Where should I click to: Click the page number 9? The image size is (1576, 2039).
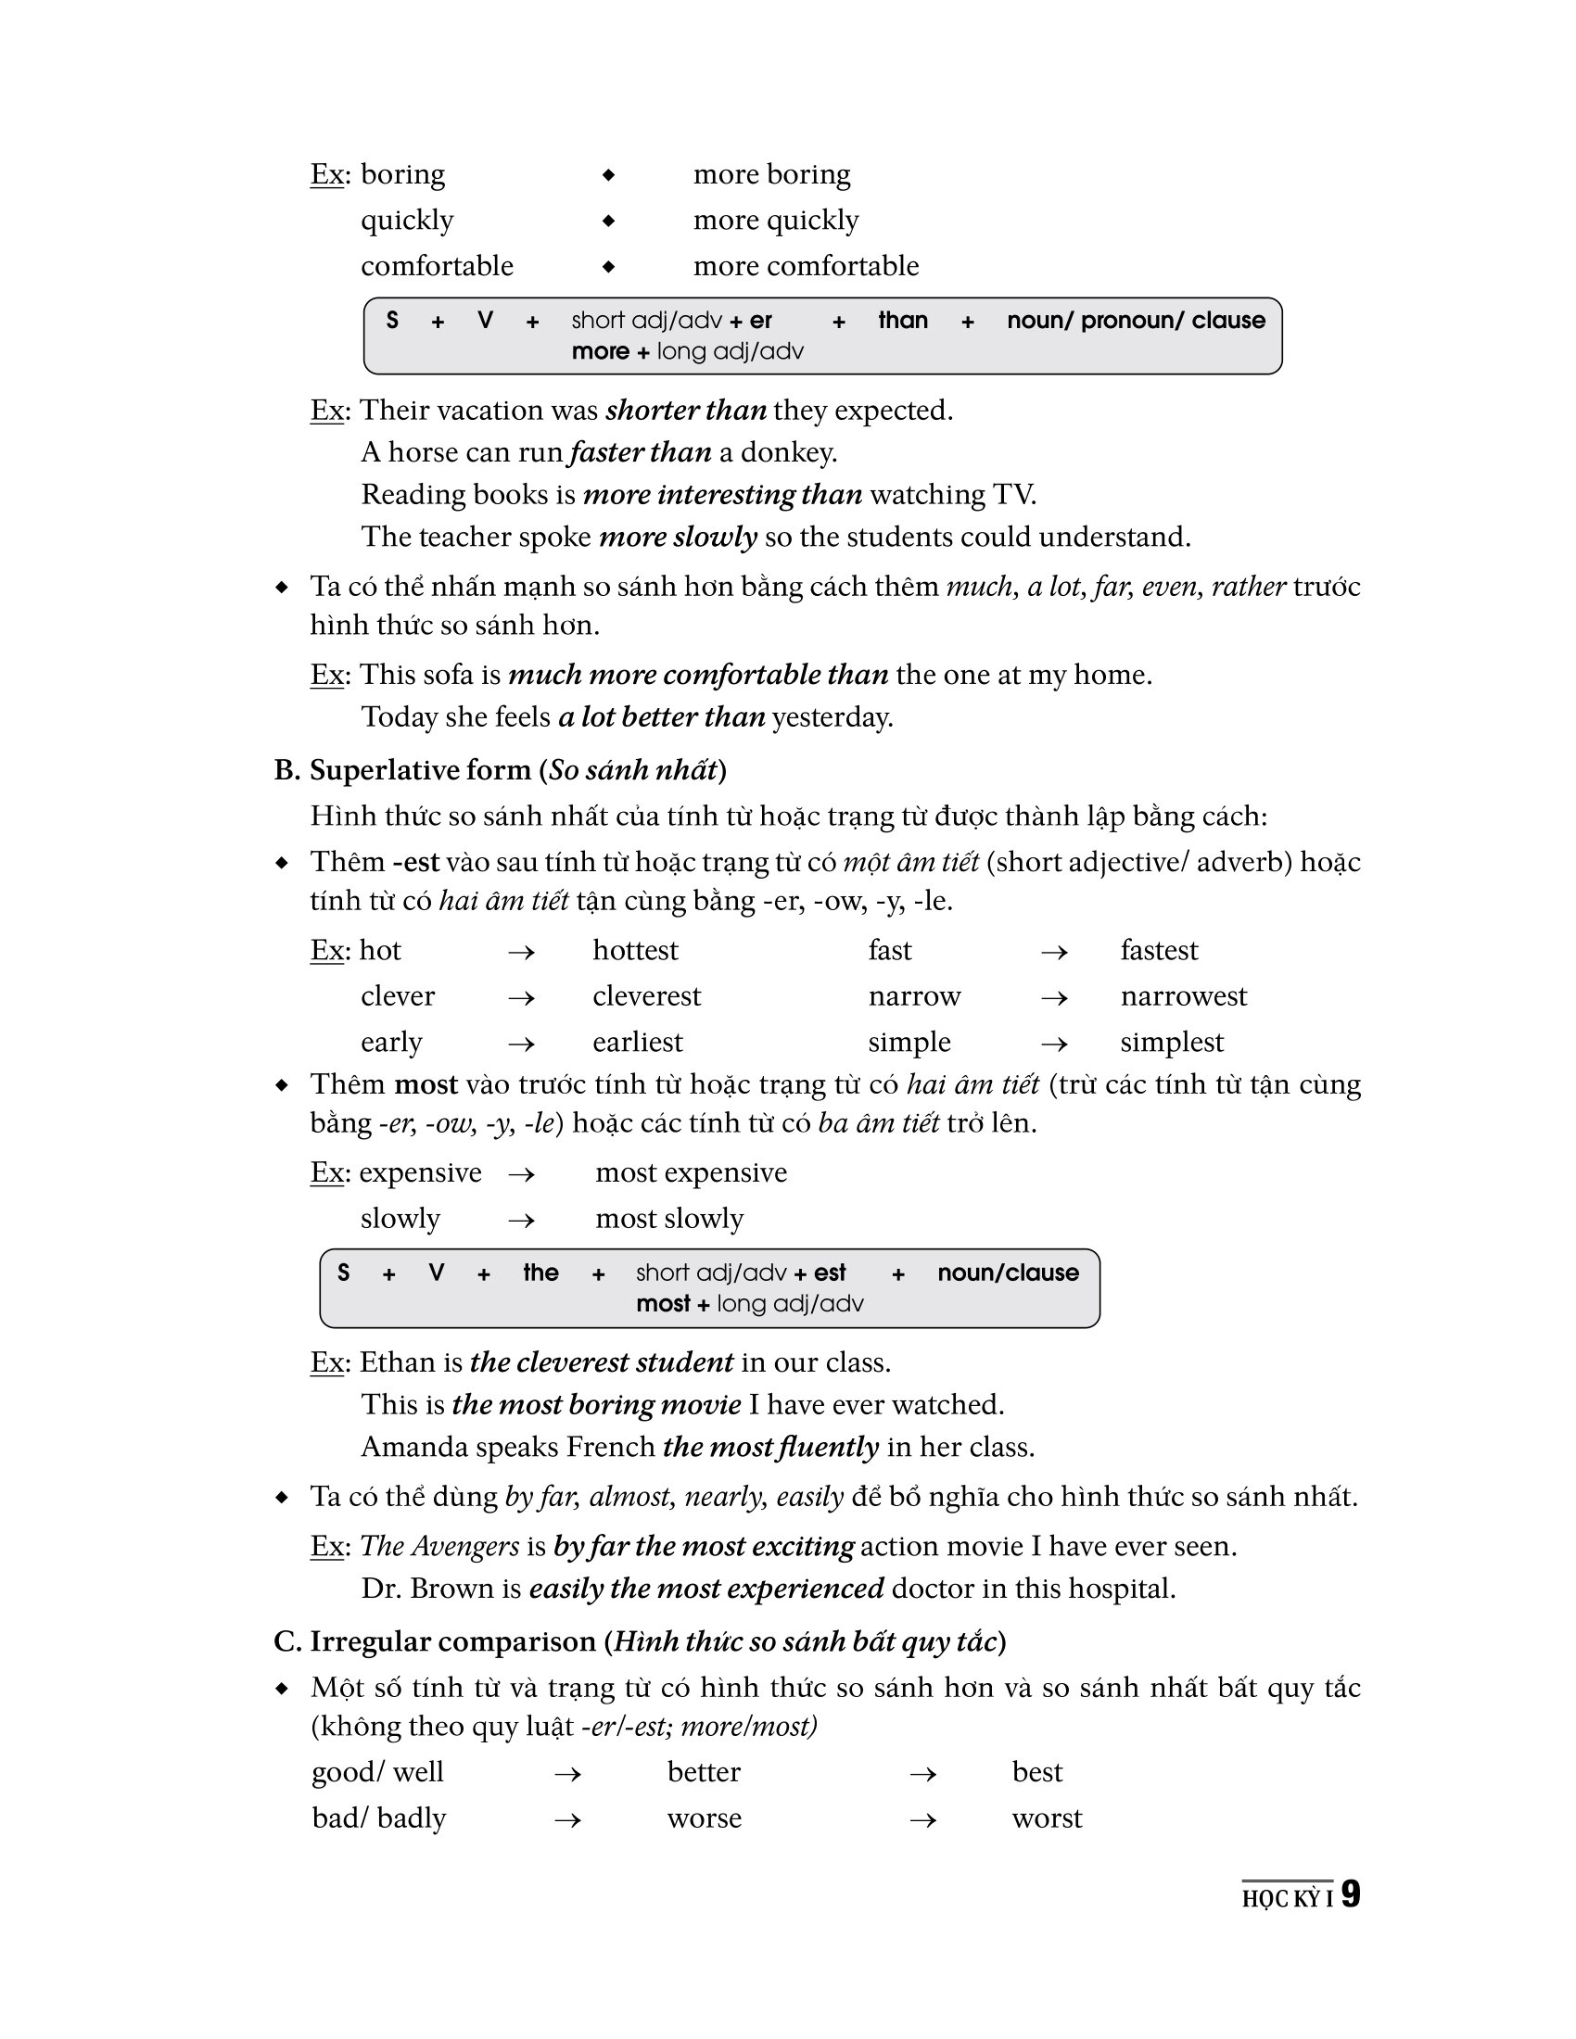coord(1350,1894)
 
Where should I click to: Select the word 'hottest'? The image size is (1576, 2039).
coord(635,950)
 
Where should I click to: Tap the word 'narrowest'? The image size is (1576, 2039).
coord(1183,996)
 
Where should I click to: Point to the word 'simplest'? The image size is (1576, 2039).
coord(1171,1042)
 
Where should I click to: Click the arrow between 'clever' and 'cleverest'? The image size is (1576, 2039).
coord(521,998)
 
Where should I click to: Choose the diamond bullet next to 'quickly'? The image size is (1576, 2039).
coord(608,221)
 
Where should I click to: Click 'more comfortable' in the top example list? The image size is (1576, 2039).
coord(806,266)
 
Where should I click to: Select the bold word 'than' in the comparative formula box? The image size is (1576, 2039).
coord(903,321)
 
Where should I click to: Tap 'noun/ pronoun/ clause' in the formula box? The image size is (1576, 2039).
coord(1136,321)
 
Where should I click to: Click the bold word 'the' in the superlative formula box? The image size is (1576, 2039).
coord(540,1273)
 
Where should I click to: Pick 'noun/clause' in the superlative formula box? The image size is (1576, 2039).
coord(1008,1273)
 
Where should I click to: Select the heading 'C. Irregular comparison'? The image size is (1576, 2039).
coord(640,1642)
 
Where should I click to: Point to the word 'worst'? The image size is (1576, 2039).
coord(1047,1818)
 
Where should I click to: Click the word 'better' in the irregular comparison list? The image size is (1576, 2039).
coord(703,1773)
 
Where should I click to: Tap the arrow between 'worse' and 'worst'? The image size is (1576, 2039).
coord(922,1819)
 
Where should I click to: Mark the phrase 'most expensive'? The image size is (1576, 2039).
coord(691,1172)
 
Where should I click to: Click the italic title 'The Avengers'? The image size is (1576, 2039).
coord(438,1547)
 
